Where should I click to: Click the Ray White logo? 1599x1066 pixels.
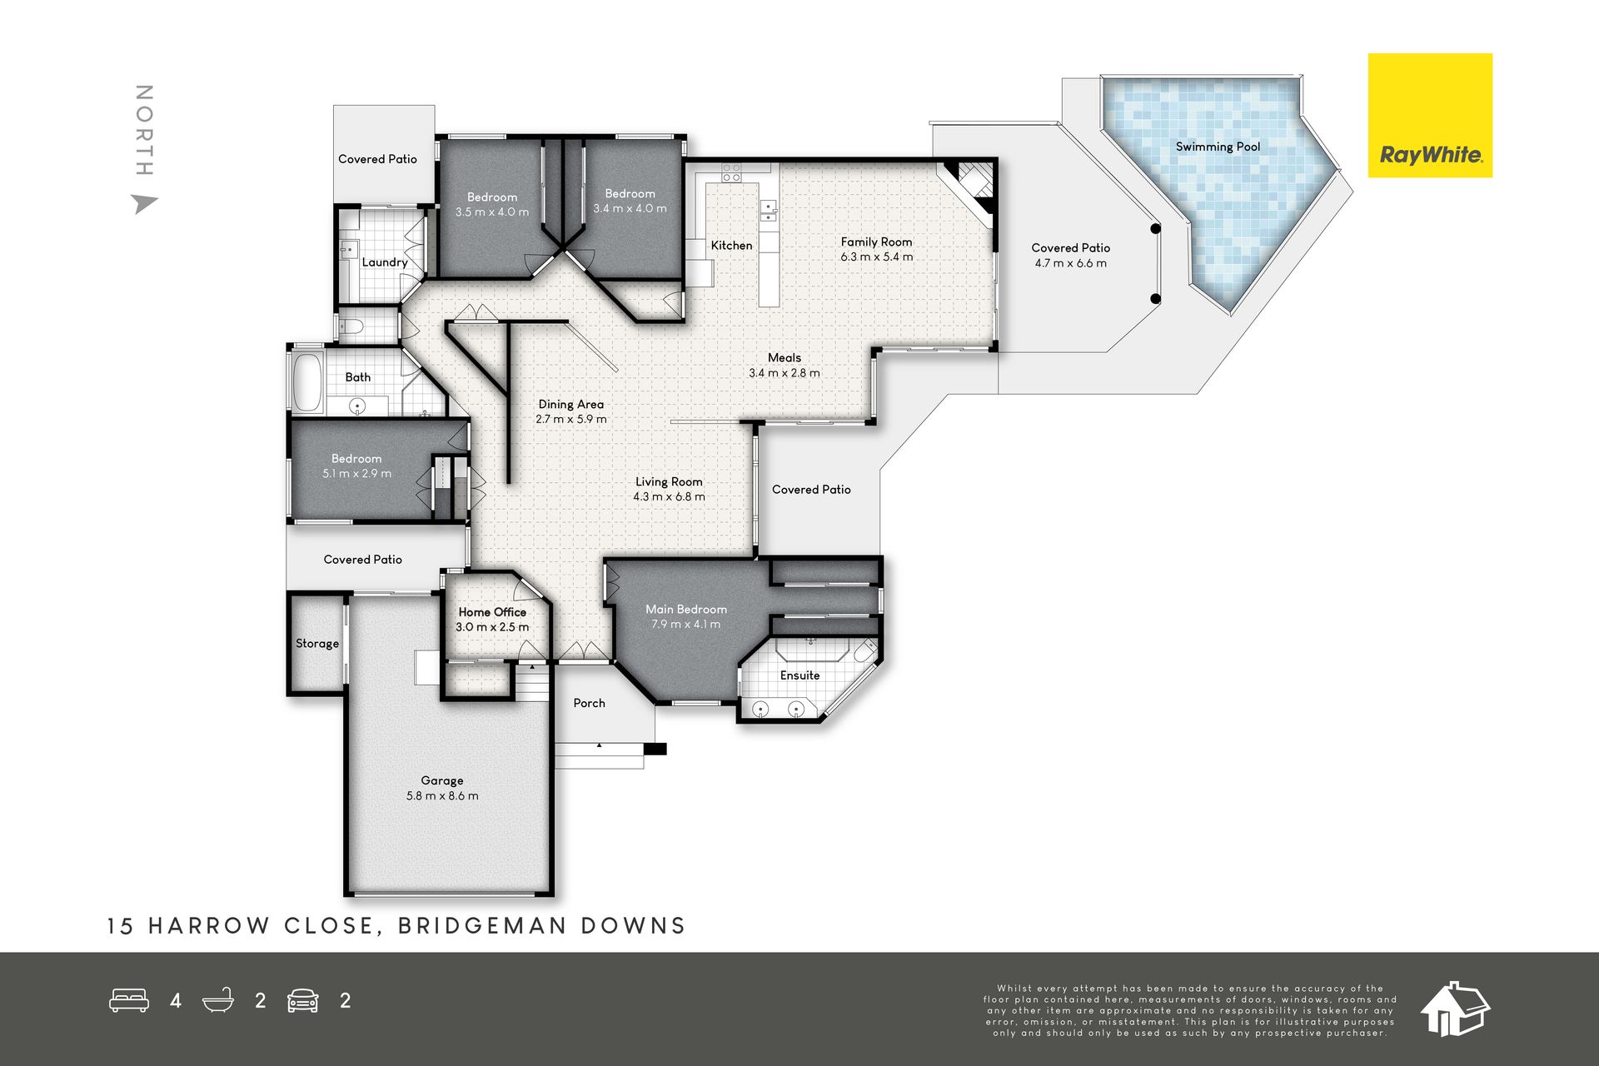click(x=1430, y=116)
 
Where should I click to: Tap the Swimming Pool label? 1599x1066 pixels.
click(x=1218, y=147)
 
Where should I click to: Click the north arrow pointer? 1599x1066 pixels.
click(x=145, y=203)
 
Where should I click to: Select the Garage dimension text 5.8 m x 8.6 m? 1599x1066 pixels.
click(x=442, y=796)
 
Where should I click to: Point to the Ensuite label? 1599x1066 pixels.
click(x=799, y=675)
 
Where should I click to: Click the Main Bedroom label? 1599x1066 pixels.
click(x=686, y=610)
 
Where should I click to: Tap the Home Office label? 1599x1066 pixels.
click(x=492, y=612)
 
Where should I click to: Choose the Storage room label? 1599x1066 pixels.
click(x=317, y=644)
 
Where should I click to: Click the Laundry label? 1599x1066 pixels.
click(x=385, y=262)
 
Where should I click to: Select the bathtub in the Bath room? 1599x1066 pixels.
click(x=307, y=383)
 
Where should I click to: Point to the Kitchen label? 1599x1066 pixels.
click(x=731, y=246)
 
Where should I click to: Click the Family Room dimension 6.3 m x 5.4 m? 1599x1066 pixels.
click(x=877, y=257)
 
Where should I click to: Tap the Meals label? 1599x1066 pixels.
click(x=785, y=358)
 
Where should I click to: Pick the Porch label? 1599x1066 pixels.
click(x=589, y=704)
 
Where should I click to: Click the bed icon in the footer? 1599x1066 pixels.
click(x=129, y=1000)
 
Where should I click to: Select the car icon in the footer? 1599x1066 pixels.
click(x=303, y=1000)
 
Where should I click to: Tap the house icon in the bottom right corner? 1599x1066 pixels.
click(x=1455, y=1009)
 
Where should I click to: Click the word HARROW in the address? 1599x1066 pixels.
click(x=209, y=926)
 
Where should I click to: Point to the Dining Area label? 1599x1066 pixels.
click(x=571, y=405)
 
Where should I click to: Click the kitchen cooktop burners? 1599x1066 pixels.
click(x=731, y=172)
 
